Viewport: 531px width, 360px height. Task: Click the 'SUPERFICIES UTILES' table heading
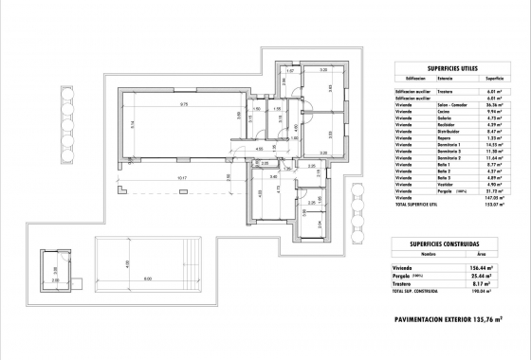point(451,69)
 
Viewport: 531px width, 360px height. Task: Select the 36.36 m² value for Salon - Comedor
point(493,104)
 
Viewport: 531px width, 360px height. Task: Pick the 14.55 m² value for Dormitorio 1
point(493,144)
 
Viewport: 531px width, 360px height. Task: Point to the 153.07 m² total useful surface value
point(494,204)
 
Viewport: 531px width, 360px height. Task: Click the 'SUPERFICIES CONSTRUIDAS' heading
point(451,244)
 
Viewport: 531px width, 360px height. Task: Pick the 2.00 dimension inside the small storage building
point(54,280)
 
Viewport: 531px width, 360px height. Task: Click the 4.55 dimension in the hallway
point(232,149)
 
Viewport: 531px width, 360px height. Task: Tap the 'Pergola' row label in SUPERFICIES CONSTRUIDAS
point(406,278)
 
